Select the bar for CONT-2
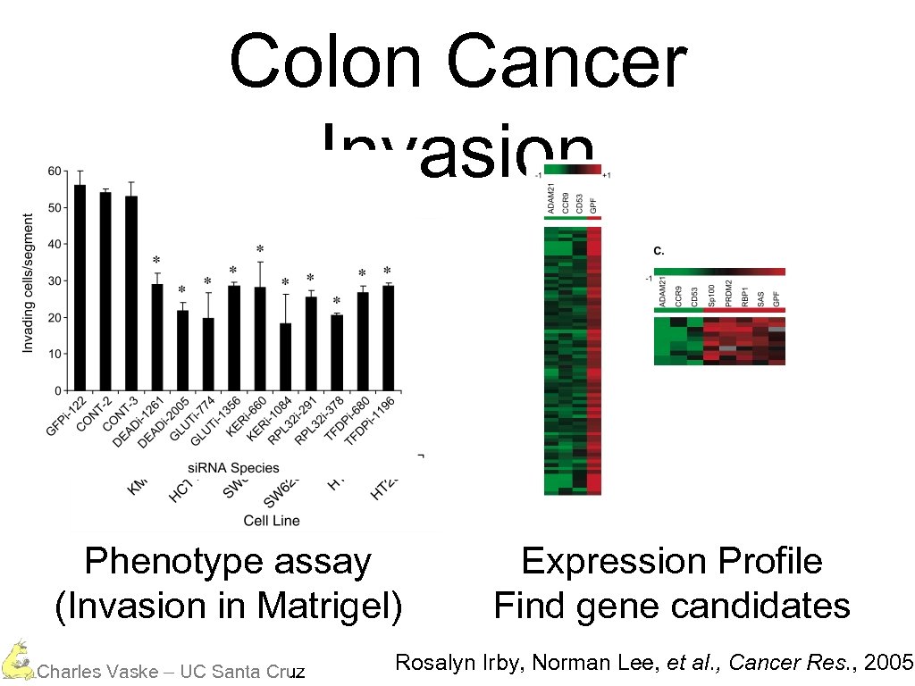coord(105,291)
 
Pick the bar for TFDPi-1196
coord(388,339)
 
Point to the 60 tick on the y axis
coord(55,171)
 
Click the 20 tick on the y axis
coord(55,318)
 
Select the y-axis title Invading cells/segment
coord(28,282)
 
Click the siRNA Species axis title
coord(233,467)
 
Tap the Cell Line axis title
coord(272,520)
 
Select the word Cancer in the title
coord(567,63)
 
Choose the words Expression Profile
coord(671,562)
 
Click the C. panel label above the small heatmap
coord(659,252)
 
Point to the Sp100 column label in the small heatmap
coord(711,292)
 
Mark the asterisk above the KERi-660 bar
coord(259,249)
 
